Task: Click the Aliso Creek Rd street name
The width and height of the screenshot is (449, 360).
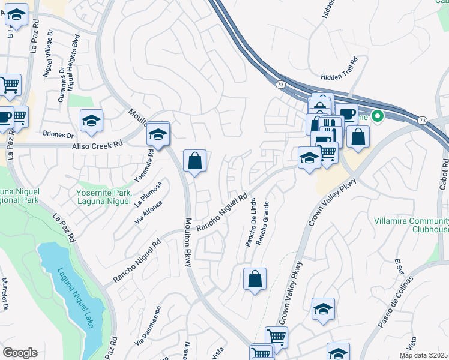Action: tap(97, 145)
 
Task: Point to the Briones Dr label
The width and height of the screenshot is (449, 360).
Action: tap(58, 135)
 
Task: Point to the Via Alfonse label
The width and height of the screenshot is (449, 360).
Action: tap(149, 212)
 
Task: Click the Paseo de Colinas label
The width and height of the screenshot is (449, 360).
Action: tap(396, 302)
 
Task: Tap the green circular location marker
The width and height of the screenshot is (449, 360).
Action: tap(378, 116)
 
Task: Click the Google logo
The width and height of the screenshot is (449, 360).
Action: tap(20, 352)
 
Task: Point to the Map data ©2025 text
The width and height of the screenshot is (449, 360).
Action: tap(423, 355)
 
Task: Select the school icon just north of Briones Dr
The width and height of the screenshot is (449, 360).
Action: tap(91, 121)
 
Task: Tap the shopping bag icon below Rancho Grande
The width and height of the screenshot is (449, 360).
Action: tap(255, 280)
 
